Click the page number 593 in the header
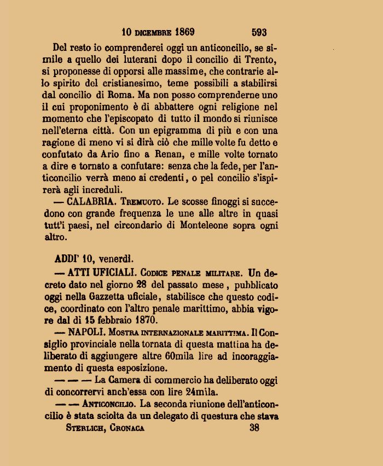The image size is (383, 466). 259,32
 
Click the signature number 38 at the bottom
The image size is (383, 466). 254,428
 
